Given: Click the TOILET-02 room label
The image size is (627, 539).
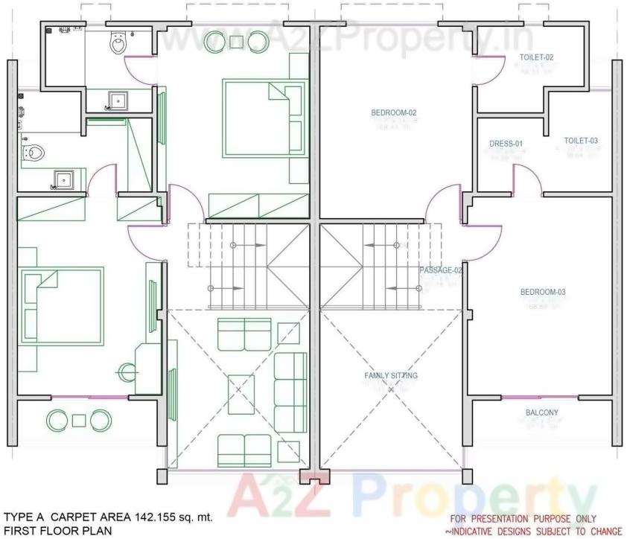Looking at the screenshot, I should coord(536,57).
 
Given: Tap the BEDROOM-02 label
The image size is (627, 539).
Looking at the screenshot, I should coord(393,113).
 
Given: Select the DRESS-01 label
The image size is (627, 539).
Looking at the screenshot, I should coord(506,144).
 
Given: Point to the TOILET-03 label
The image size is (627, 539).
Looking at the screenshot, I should coord(581,141).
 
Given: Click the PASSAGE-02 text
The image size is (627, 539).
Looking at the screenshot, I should coord(441,270).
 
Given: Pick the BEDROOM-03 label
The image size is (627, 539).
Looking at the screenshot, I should coord(542,292).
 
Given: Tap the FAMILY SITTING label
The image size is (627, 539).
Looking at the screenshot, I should coord(391,376).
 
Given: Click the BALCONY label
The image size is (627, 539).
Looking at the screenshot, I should coord(542,412).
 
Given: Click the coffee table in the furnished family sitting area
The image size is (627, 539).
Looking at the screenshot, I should coord(241,394).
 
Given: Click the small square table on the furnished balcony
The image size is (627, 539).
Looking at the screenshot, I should coord(79,421).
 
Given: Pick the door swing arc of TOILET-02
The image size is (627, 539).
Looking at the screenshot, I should coord(486,69).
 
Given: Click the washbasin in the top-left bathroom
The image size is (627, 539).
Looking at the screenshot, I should coord(118,99).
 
